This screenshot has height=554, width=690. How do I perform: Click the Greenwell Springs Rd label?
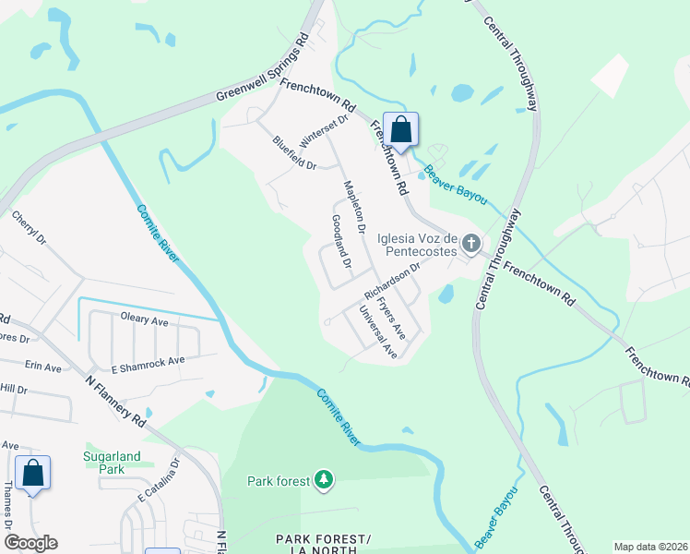(x=263, y=70)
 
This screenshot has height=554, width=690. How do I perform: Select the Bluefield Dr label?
(x=294, y=153)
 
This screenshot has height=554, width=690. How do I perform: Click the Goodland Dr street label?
(x=340, y=242)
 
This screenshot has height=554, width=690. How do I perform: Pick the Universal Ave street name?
(x=377, y=331)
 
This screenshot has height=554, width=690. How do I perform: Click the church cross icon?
(x=470, y=244)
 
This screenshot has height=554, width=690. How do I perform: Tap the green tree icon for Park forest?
(x=323, y=479)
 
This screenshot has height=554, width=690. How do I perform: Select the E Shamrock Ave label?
(x=149, y=361)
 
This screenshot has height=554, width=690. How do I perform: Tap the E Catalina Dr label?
(x=158, y=482)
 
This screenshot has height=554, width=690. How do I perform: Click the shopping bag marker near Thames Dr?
(x=33, y=473)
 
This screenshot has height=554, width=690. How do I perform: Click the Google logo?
(x=30, y=543)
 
